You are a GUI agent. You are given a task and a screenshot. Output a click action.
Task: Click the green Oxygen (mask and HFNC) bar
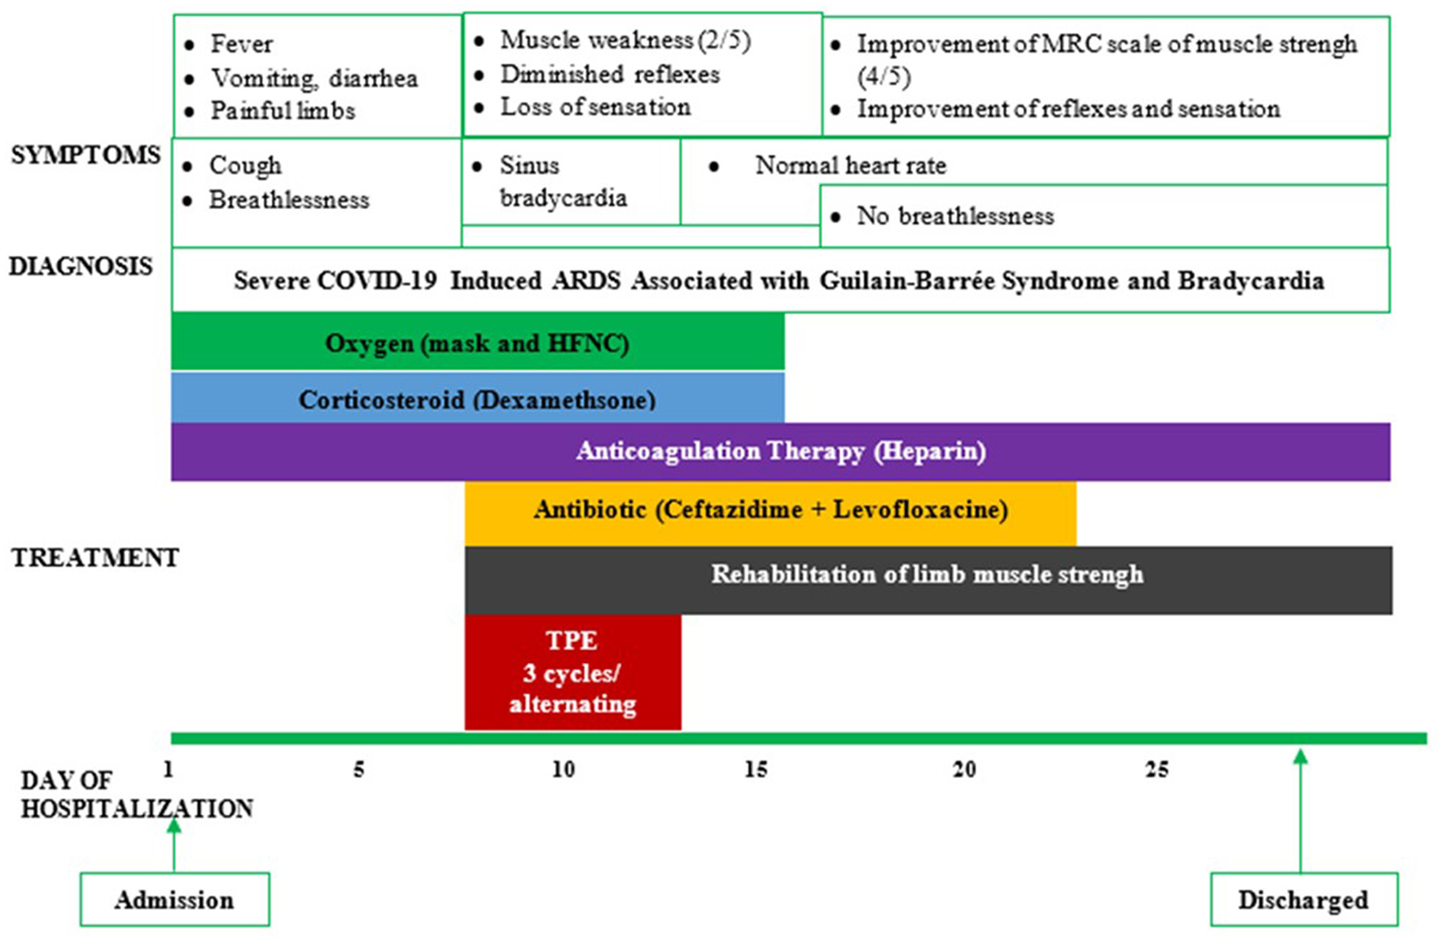pos(477,343)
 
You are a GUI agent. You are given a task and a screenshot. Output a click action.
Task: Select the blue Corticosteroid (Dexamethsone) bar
pos(477,399)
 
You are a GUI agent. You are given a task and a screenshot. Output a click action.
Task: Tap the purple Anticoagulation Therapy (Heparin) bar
pos(780,451)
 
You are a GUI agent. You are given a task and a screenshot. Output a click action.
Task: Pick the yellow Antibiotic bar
pos(770,510)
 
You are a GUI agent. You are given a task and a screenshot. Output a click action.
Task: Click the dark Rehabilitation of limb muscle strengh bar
pos(928,576)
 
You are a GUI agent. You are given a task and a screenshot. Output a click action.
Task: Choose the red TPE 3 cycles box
pos(572,672)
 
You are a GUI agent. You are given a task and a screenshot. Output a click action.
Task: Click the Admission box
pos(174,899)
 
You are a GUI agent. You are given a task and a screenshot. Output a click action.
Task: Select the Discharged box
pos(1303,899)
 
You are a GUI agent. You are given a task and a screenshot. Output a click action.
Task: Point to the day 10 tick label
pos(564,769)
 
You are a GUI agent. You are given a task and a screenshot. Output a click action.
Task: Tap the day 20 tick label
pos(964,769)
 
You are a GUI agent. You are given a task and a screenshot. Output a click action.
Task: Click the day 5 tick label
pos(358,769)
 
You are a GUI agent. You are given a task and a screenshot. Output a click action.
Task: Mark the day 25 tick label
pos(1156,769)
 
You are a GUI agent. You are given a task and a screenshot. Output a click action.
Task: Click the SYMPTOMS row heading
pos(86,155)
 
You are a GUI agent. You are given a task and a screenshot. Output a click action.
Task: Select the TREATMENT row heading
pos(94,558)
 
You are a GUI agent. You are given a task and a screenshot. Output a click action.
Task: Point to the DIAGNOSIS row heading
pos(81,266)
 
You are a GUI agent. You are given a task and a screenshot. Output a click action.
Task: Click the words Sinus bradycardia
pos(562,182)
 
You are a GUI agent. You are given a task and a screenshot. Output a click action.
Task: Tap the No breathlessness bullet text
pos(954,216)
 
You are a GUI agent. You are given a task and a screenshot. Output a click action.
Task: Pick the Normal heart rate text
pos(850,165)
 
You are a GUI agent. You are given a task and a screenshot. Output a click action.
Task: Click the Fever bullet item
pos(241,44)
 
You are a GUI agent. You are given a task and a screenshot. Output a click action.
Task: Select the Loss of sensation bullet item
pos(594,107)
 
